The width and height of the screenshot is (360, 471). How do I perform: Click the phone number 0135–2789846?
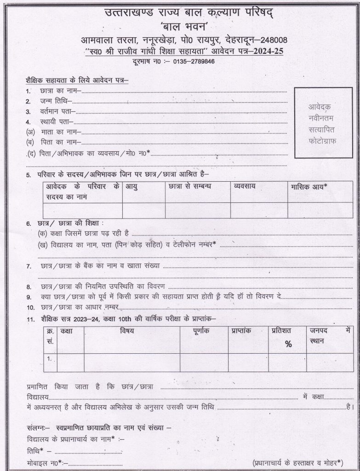coord(194,62)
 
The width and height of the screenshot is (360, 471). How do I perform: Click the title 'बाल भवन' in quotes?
coord(179,27)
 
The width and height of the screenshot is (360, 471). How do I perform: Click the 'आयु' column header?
coord(132,187)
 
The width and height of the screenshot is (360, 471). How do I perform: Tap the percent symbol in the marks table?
coord(288,344)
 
